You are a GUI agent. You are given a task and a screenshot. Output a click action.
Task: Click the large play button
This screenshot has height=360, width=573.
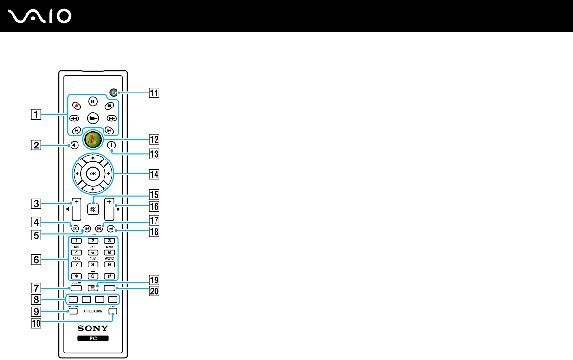93,117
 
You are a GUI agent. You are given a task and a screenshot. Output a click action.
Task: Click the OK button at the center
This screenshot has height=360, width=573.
93,174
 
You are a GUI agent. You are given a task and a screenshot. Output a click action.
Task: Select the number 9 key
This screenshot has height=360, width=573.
109,264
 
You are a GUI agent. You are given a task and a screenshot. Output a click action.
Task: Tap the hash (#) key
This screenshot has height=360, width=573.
109,276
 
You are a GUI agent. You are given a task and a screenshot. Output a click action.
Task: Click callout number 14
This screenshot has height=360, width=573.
155,174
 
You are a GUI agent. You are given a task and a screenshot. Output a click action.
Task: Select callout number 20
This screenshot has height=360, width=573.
155,291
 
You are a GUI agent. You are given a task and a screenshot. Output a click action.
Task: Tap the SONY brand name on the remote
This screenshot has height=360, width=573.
93,328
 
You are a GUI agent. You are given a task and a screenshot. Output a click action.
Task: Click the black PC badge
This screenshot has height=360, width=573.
93,339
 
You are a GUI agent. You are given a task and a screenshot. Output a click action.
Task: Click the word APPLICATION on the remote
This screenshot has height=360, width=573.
93,312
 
